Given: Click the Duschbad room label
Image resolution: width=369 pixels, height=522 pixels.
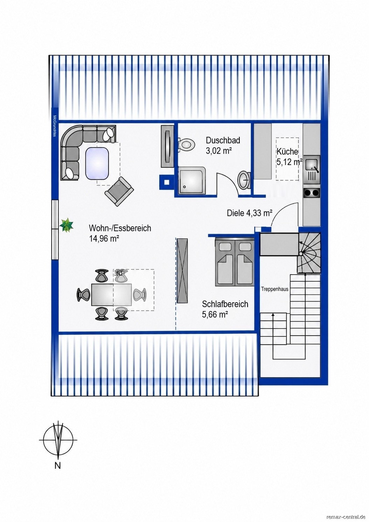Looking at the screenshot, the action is (x=223, y=141).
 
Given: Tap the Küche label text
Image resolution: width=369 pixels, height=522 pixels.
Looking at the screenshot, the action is (x=287, y=151).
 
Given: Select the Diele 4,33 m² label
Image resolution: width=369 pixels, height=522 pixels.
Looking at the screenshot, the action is (x=250, y=213).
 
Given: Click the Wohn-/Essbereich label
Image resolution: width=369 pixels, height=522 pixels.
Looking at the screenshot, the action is (x=120, y=228).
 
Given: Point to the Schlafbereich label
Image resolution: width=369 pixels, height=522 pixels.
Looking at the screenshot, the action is (x=225, y=304).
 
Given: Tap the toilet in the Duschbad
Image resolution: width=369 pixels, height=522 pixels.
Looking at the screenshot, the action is (x=186, y=145).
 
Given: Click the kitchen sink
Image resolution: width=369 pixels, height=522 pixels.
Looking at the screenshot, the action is (x=311, y=165).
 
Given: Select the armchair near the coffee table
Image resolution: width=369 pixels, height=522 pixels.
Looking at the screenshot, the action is (x=119, y=191).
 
